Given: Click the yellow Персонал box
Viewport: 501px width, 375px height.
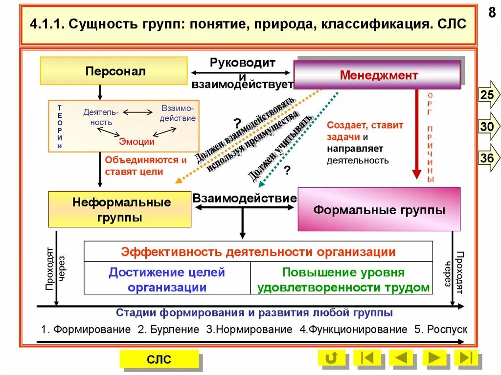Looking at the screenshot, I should pos(114,71).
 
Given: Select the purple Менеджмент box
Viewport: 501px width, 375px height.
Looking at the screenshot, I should pos(377,75).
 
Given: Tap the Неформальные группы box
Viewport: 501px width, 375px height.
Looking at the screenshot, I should pos(120,209).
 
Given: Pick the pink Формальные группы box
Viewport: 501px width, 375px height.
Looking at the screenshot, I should pos(379,210).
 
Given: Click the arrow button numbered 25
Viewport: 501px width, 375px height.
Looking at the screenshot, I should pos(488,95).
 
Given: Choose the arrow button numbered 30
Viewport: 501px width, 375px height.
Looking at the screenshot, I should pos(488,127).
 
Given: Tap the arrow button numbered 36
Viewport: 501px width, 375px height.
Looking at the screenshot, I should pos(488,158).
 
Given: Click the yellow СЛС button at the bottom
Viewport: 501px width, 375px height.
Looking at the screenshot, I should pos(159,359).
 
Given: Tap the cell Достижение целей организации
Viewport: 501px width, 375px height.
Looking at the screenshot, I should pos(167,279).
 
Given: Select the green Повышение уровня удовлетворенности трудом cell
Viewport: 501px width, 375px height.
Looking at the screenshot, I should pos(343,279).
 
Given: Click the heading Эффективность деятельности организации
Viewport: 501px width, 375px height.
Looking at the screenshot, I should pos(258,252).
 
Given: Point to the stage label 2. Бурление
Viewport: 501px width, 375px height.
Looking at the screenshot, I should pos(168,329).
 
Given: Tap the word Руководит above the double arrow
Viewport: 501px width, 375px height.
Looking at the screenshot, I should pos(243,63).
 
